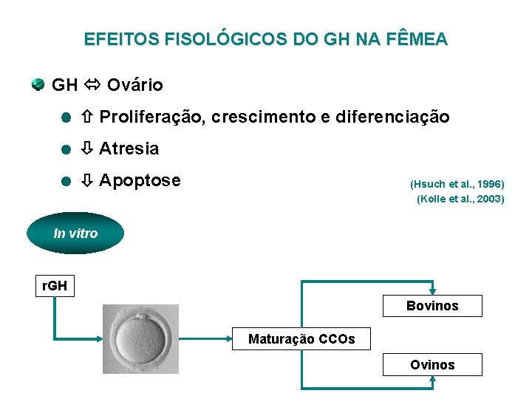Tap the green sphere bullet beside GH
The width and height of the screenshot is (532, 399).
38,84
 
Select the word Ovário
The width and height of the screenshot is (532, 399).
134,85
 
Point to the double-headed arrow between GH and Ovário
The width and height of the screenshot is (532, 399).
92,85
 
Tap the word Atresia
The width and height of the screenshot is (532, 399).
129,149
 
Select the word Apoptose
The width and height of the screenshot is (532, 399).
140,180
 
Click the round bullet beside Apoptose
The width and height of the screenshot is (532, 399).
65,181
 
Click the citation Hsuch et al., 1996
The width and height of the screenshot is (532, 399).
457,183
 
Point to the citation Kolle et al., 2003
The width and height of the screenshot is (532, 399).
460,199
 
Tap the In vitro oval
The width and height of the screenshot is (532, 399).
75,233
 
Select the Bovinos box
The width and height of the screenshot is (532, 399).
432,306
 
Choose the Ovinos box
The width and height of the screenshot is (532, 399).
432,364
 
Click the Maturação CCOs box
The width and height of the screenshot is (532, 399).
301,339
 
